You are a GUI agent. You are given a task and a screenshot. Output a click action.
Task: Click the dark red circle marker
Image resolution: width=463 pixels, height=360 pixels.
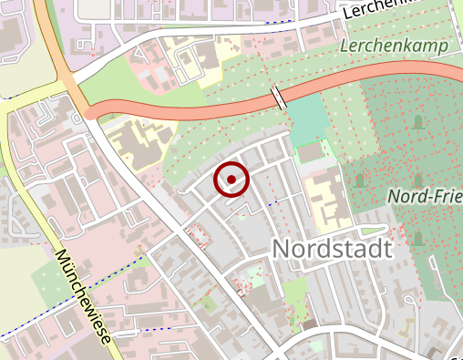click(231, 180)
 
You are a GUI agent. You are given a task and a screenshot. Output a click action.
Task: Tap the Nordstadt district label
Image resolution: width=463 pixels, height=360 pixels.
click(332, 248)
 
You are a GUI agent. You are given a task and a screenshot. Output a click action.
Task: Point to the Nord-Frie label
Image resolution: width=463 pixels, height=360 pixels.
click(423, 196)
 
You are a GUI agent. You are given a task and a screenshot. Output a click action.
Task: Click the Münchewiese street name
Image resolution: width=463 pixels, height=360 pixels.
click(82, 295)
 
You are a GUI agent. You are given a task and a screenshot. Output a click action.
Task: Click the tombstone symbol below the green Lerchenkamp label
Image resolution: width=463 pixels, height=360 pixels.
click(417, 121)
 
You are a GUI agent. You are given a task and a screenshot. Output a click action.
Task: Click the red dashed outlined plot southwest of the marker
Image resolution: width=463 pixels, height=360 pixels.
click(196, 235)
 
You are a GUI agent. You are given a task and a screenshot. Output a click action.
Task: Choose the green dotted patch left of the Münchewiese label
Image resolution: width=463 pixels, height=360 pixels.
click(50, 273)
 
